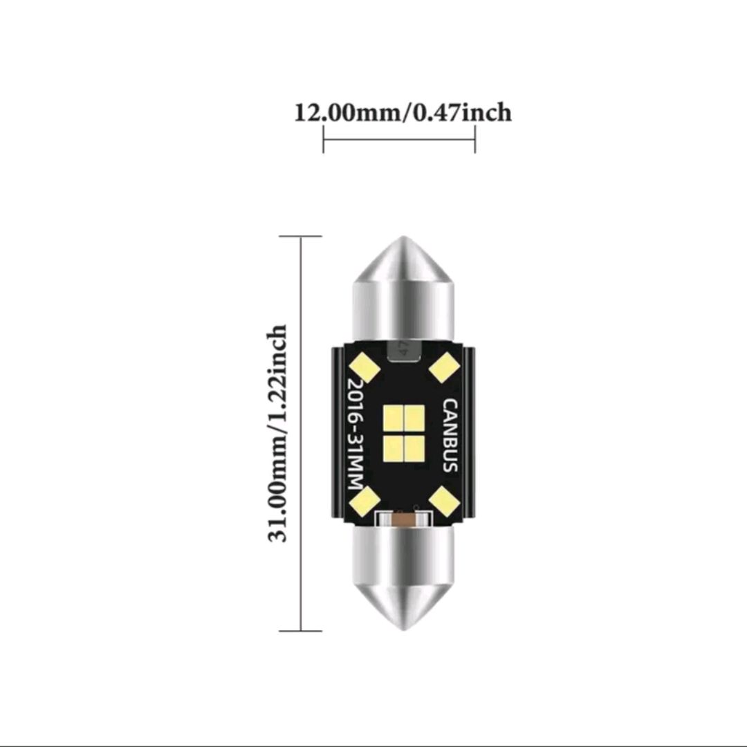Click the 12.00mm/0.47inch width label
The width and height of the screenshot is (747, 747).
[x=403, y=111]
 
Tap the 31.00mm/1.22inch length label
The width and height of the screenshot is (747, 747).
[x=277, y=434]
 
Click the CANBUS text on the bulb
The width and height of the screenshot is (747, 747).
[x=450, y=435]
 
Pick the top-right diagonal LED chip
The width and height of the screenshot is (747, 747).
[x=443, y=367]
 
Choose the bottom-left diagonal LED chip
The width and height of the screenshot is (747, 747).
[x=365, y=501]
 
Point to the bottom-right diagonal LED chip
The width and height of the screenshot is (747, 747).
[x=443, y=501]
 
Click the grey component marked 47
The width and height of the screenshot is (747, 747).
[x=403, y=351]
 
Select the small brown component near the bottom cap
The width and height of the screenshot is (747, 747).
[x=405, y=519]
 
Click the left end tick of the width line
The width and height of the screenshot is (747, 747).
[x=324, y=142]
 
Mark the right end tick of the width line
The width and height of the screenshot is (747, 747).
[x=475, y=142]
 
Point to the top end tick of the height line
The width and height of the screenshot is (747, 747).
[x=301, y=236]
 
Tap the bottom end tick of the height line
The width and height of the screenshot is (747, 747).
[x=301, y=631]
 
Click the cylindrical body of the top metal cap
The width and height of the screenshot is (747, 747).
[x=404, y=308]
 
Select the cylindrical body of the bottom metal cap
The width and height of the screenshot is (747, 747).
[x=404, y=557]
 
